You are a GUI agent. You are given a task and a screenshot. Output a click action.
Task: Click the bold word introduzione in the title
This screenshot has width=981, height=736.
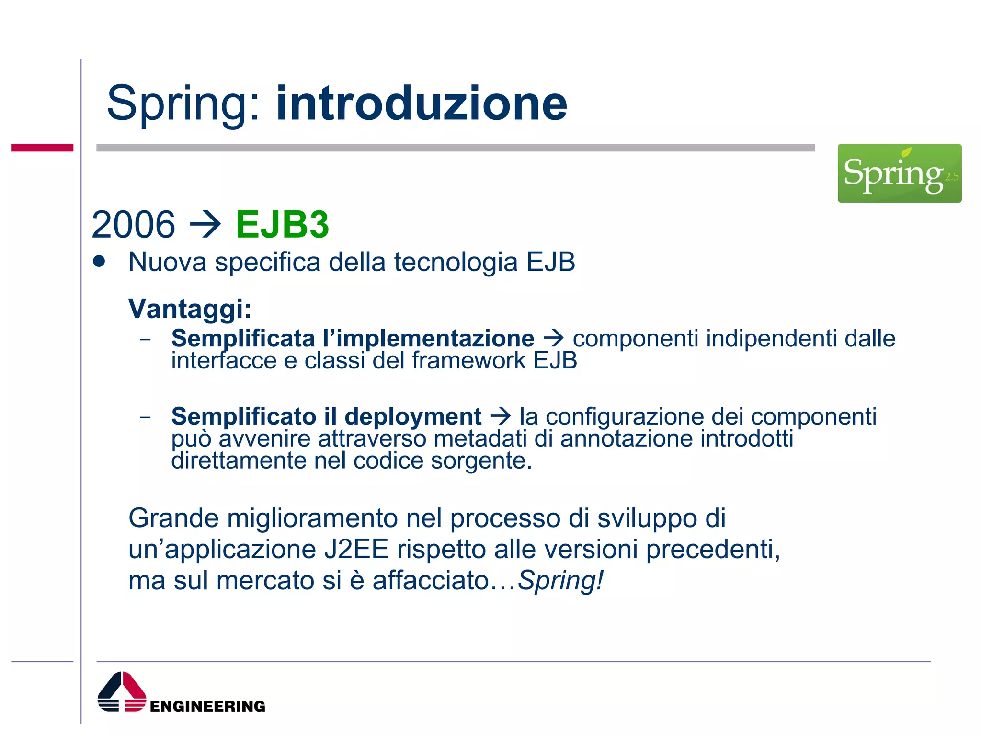(422, 103)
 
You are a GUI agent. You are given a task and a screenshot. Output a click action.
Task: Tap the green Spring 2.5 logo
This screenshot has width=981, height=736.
(899, 173)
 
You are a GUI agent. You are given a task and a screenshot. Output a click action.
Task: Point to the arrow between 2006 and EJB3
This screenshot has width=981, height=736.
(205, 224)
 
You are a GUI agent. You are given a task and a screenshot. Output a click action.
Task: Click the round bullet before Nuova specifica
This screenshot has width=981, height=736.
(99, 262)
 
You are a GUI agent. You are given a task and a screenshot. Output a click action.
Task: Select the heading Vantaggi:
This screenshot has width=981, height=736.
(190, 309)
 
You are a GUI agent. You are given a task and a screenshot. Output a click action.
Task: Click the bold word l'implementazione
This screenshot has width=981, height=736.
(428, 338)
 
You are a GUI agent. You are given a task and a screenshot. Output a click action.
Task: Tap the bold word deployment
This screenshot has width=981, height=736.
(413, 416)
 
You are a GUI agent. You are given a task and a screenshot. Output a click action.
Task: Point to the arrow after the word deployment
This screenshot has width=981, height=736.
(501, 415)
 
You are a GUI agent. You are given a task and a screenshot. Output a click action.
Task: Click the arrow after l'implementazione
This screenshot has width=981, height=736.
(554, 338)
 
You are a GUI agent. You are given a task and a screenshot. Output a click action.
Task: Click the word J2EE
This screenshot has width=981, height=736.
(356, 549)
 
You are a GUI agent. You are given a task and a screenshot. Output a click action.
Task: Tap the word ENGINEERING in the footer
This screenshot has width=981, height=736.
(207, 706)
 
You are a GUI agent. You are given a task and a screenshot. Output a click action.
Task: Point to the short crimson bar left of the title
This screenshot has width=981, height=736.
(42, 148)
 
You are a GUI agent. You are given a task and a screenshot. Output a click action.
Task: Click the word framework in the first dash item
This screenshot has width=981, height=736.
(468, 360)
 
